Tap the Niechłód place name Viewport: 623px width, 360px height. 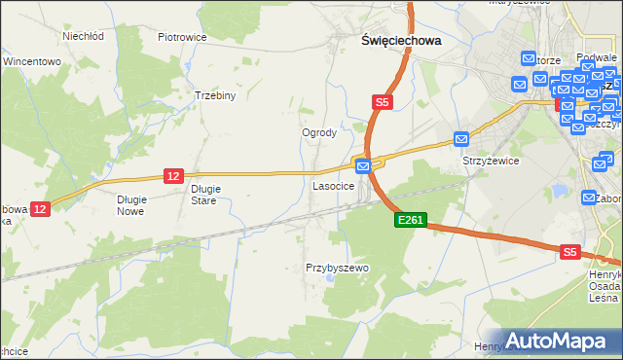pyautogui.click(x=83, y=37)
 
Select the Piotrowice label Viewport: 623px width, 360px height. pyautogui.click(x=182, y=37)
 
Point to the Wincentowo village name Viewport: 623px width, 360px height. pyautogui.click(x=32, y=61)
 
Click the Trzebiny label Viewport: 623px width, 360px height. pyautogui.click(x=217, y=96)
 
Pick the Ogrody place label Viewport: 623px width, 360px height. pyautogui.click(x=319, y=133)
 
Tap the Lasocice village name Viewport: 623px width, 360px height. pyautogui.click(x=332, y=185)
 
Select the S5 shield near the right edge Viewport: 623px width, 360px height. pyautogui.click(x=570, y=252)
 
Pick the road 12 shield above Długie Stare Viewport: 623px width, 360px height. pyautogui.click(x=172, y=175)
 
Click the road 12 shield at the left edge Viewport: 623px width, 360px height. pyautogui.click(x=39, y=208)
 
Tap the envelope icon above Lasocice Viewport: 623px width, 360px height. pyautogui.click(x=363, y=167)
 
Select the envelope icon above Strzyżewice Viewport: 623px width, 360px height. pyautogui.click(x=461, y=140)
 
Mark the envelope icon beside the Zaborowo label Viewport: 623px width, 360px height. pyautogui.click(x=588, y=198)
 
